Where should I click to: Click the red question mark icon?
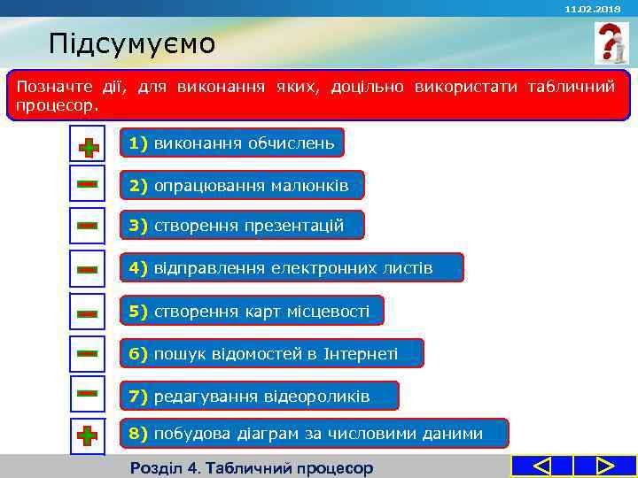click(611, 43)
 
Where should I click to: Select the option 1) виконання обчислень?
click(231, 143)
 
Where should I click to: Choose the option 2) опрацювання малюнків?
click(242, 185)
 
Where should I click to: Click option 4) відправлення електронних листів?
click(292, 267)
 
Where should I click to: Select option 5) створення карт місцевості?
click(251, 311)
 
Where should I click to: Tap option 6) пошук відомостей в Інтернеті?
click(272, 354)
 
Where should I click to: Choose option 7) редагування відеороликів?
click(260, 396)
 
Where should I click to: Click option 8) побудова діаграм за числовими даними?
click(315, 434)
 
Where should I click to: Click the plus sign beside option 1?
click(87, 144)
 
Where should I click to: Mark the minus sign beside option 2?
click(87, 184)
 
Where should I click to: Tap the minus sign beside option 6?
click(87, 353)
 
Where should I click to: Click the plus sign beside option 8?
click(87, 436)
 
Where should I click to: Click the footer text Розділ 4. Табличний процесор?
click(252, 467)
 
